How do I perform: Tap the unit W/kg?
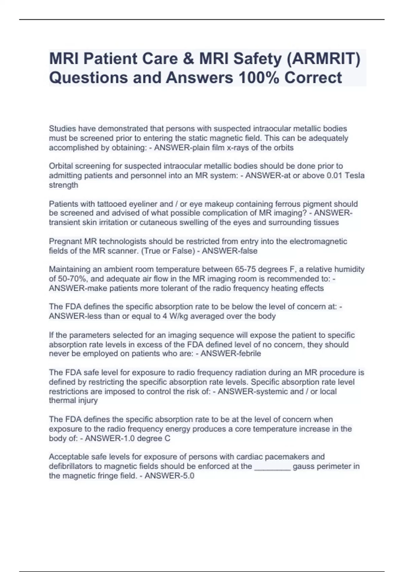click(175, 316)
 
